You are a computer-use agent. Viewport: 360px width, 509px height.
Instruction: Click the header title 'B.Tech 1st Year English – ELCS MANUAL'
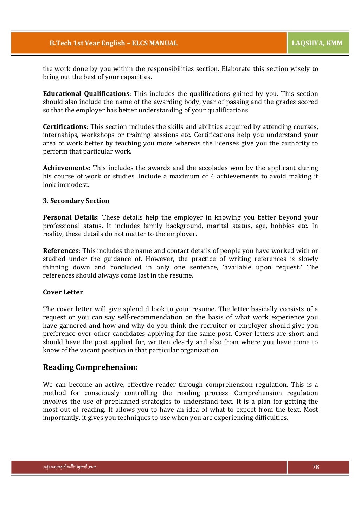113,43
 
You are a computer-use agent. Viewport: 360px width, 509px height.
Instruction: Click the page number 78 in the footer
315,467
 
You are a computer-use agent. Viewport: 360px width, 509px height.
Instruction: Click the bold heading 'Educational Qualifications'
86,94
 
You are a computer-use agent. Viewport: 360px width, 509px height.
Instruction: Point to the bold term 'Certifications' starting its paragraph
64,127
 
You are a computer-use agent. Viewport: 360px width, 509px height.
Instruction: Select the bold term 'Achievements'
66,168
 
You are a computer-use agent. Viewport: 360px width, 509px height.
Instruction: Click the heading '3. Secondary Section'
76,201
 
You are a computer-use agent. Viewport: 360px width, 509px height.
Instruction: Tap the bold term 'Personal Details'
70,217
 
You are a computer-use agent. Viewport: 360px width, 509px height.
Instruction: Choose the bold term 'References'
60,251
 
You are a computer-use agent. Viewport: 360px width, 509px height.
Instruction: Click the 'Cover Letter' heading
63,292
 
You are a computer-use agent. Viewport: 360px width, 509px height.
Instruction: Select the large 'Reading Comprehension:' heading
90,367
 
